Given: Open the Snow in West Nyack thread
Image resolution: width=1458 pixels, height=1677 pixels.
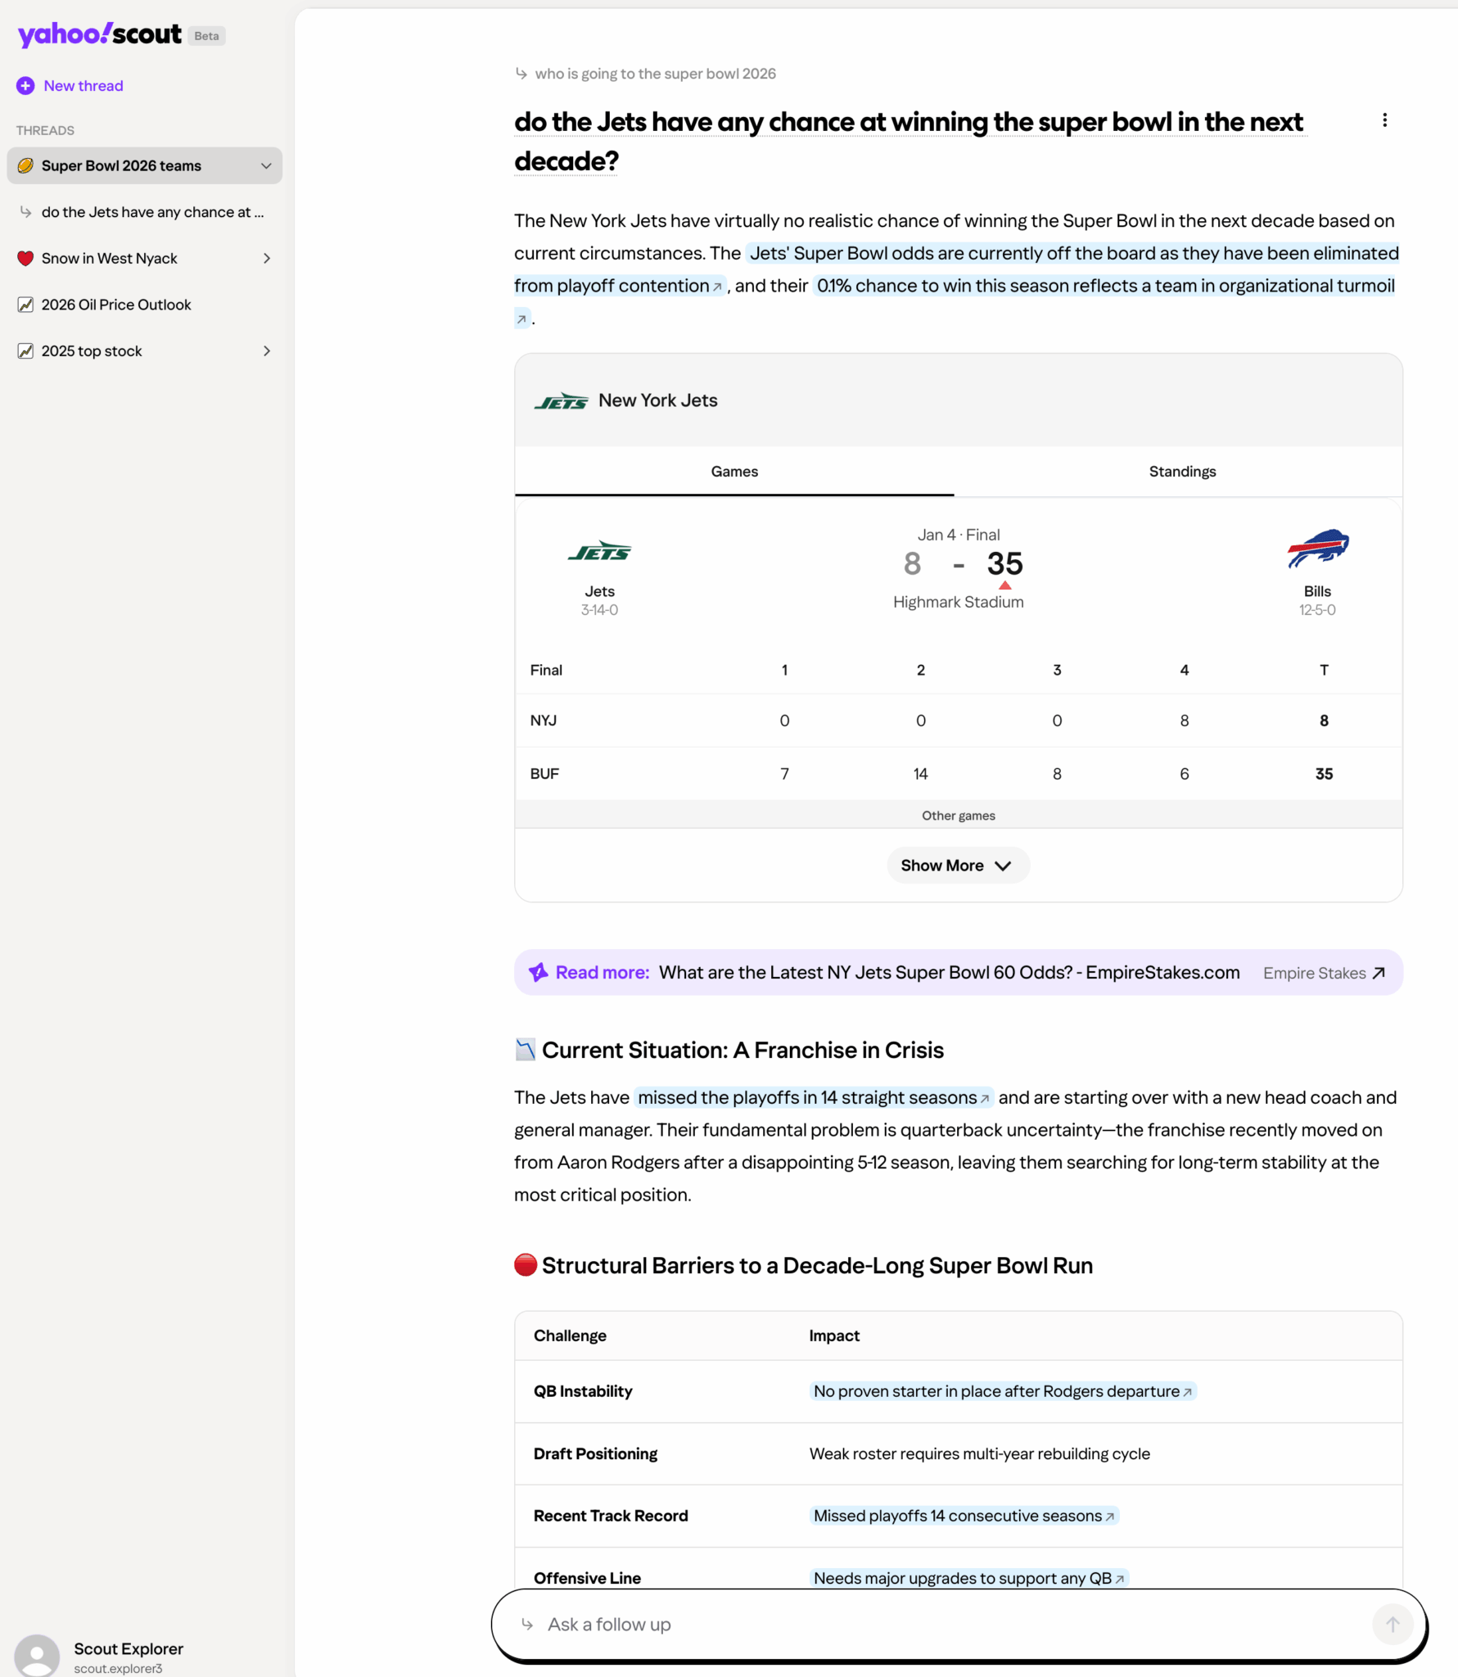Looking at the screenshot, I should coord(109,259).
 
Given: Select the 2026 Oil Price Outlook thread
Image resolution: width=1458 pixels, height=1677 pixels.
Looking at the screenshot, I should coord(115,305).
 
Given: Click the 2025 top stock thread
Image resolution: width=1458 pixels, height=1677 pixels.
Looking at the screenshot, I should coord(92,351).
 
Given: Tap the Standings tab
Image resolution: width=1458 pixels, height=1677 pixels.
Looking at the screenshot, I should coord(1181,472).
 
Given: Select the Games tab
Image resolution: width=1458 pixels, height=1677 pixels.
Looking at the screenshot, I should coord(734,472).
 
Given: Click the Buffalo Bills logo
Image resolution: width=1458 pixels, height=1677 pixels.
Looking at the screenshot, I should coord(1317,549).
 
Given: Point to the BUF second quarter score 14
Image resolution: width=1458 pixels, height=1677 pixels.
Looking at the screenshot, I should coord(920,774).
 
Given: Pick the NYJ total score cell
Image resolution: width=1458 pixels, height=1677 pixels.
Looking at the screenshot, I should coord(1323,721).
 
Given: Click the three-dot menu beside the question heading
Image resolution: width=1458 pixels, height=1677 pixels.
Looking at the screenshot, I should coord(1384,120).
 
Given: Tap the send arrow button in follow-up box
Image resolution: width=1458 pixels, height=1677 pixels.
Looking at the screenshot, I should coord(1392,1625).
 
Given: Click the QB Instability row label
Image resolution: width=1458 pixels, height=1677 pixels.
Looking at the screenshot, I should coord(583,1391).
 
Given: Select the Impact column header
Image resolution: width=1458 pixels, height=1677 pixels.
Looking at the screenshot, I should coord(833,1336).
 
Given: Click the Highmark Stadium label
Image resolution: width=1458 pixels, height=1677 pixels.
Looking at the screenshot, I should coord(958,602).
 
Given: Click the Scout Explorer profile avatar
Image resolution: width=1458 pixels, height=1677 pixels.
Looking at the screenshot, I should coord(37,1656).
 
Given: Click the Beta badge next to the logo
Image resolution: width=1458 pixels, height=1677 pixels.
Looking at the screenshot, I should coord(206,36).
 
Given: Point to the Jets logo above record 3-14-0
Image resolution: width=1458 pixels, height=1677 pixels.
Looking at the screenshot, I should coord(599,551).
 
